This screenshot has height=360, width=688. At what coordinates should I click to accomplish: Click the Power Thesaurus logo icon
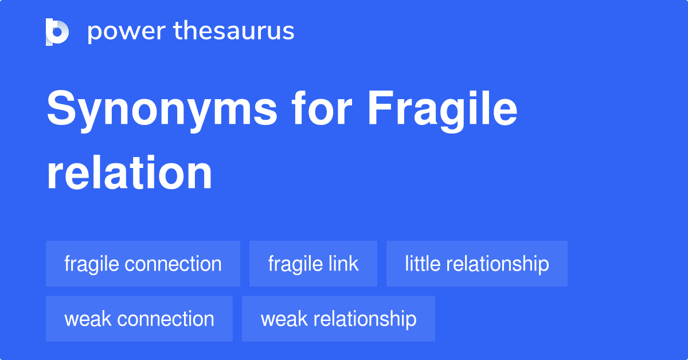coord(57,32)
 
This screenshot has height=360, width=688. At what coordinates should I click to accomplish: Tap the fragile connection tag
coord(143,264)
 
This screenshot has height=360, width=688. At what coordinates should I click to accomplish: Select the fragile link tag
coord(313,264)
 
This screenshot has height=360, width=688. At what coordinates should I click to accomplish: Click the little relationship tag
coord(476,264)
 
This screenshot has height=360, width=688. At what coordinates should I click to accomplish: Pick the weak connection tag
coord(139,319)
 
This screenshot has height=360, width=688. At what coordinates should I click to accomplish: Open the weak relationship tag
coord(338,319)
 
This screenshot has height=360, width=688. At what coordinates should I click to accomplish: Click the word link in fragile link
coord(343,264)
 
